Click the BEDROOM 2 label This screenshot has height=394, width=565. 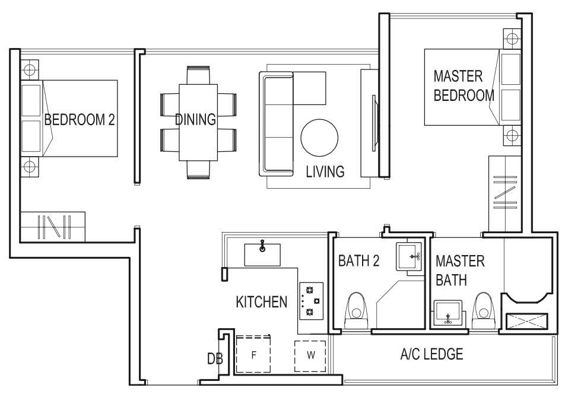coord(80,120)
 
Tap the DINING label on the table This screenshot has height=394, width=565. coord(195,120)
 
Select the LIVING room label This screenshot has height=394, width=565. coord(325,172)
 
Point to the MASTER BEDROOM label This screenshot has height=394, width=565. coord(464,86)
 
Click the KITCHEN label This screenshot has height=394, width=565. coord(262,302)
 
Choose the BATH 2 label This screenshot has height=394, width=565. coord(359,260)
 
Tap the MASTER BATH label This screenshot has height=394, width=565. coord(460,271)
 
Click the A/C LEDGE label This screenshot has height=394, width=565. coord(431,355)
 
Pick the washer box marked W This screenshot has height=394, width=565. coord(310,356)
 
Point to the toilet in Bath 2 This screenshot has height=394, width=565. coord(357,309)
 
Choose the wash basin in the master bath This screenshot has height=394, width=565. coord(447,313)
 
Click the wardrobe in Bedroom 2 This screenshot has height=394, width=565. coord(52,227)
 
